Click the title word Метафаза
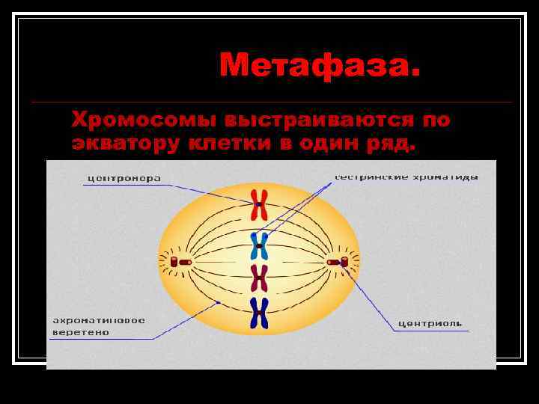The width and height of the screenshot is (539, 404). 320,67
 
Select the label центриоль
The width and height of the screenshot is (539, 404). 430,324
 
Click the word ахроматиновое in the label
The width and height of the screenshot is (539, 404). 98,320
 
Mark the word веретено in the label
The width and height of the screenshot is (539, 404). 80,332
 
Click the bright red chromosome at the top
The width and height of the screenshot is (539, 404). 259,203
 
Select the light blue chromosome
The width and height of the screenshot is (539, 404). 259,245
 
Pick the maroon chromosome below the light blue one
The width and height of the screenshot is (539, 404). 259,278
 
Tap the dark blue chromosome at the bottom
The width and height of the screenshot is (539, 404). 259,313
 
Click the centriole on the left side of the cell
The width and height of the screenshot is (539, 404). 175,262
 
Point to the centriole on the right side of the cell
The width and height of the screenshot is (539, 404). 343,262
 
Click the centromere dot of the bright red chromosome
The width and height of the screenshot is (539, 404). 259,203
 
